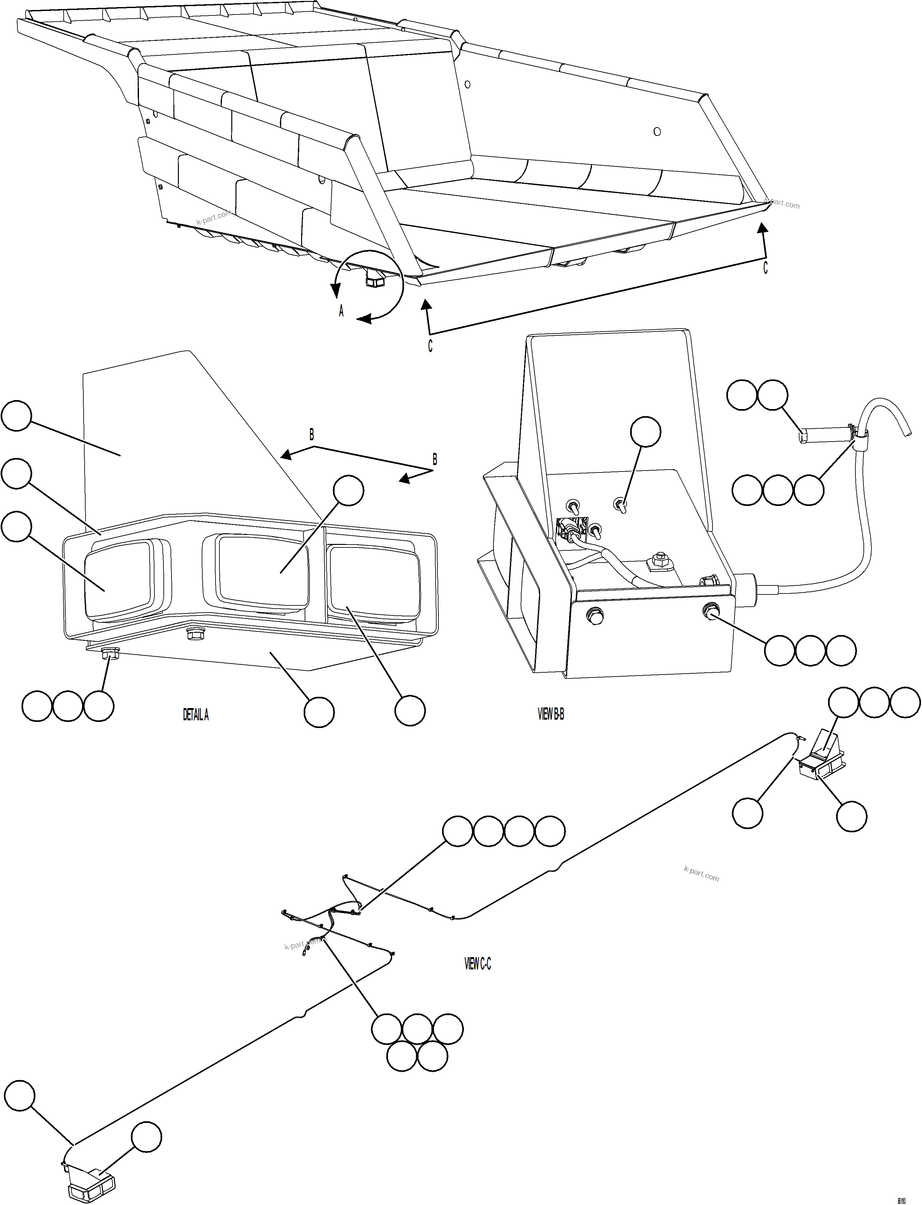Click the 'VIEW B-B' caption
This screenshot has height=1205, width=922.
pos(550,714)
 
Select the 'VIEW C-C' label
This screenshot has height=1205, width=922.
pos(477,964)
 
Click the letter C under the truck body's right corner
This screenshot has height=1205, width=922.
pos(765,268)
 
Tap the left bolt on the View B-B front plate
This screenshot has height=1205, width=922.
pos(595,615)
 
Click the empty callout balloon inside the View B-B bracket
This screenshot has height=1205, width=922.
pos(645,432)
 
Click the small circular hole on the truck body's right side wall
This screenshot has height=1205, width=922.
pos(657,131)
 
